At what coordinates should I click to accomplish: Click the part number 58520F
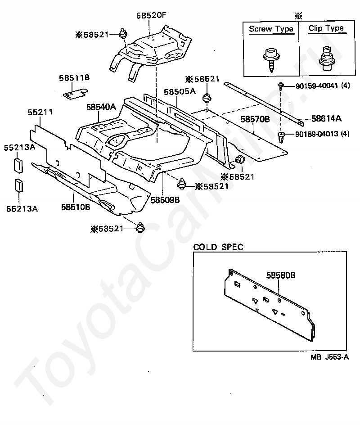tap(151, 15)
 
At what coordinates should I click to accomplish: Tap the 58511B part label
tap(74, 77)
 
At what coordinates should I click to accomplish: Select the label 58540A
tap(101, 107)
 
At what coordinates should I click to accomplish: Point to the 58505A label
tap(180, 91)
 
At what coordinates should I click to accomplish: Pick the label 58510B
tap(76, 207)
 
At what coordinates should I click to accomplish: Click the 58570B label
tap(255, 119)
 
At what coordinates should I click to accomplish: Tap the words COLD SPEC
tap(218, 247)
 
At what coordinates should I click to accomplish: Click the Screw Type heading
tap(271, 29)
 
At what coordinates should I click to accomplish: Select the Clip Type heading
tap(326, 28)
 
